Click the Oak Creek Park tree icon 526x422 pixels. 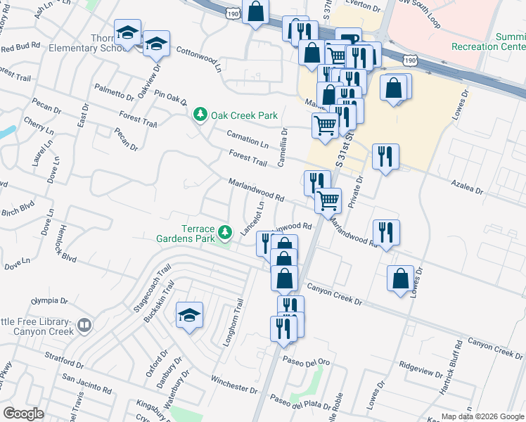[x=200, y=115]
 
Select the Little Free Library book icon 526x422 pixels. [x=84, y=326]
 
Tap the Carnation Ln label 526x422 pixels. [x=248, y=139]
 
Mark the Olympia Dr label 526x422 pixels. [x=49, y=300]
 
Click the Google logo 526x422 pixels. [x=24, y=414]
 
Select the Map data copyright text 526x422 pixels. [x=482, y=416]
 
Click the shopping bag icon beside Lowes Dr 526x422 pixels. [x=400, y=279]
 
